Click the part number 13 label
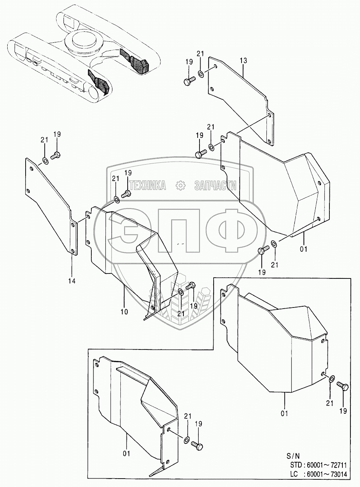[244, 61]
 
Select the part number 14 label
[72, 281]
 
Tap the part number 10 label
[124, 311]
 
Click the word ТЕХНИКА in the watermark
[148, 186]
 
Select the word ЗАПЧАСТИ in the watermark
[215, 186]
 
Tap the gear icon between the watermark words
[180, 186]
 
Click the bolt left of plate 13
[189, 81]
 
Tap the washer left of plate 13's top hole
[201, 73]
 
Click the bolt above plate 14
[56, 155]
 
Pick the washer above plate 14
[45, 160]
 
